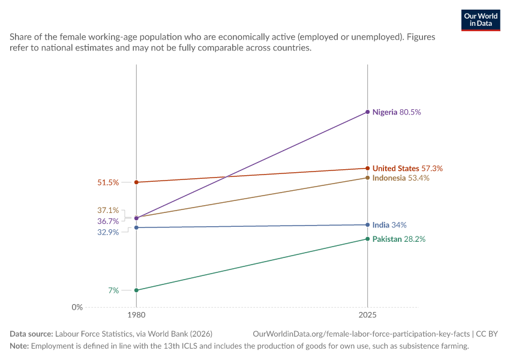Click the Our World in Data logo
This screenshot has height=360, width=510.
pos(481,20)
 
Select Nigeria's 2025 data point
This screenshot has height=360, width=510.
pos(368,112)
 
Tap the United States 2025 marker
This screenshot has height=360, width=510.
pos(368,168)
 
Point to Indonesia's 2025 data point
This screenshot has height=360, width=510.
pos(368,178)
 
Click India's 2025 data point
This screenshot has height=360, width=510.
pos(368,225)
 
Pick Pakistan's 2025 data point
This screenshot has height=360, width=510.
pos(368,239)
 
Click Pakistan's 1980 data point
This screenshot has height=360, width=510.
pos(136,290)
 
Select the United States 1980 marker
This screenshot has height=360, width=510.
pos(136,182)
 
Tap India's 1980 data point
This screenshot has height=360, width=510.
pos(136,227)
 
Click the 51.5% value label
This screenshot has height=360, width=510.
pos(108,182)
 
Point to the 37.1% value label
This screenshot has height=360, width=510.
pos(108,210)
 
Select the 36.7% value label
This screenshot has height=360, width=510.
pos(108,221)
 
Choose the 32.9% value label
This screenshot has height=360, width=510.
pos(108,232)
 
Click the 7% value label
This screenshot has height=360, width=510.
pos(113,290)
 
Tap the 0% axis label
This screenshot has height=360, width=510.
pos(77,307)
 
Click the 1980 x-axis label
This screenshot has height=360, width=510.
pos(136,315)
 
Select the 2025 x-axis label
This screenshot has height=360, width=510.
pos(368,315)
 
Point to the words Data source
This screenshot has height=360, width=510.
pos(31,334)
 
